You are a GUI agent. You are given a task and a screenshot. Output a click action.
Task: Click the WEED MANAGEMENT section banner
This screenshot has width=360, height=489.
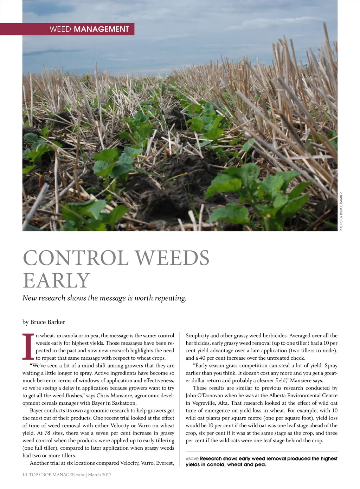click(x=89, y=29)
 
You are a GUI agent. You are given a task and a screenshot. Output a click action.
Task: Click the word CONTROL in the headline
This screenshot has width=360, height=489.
click(x=76, y=258)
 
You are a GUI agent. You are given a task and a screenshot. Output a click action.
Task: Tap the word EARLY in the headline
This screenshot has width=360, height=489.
click(x=57, y=281)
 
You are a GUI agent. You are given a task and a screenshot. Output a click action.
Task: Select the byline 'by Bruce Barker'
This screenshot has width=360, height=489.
click(x=44, y=322)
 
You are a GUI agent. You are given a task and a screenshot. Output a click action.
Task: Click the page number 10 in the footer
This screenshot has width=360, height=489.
click(x=25, y=475)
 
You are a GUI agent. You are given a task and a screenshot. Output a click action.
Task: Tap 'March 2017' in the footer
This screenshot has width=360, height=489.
click(x=99, y=475)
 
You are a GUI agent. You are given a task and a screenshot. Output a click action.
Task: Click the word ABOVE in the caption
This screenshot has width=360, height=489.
click(x=192, y=459)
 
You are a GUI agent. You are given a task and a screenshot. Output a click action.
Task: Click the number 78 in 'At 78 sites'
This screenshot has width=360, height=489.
click(x=47, y=433)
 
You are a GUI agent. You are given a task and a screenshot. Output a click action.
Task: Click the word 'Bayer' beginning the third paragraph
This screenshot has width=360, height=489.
click(x=37, y=411)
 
